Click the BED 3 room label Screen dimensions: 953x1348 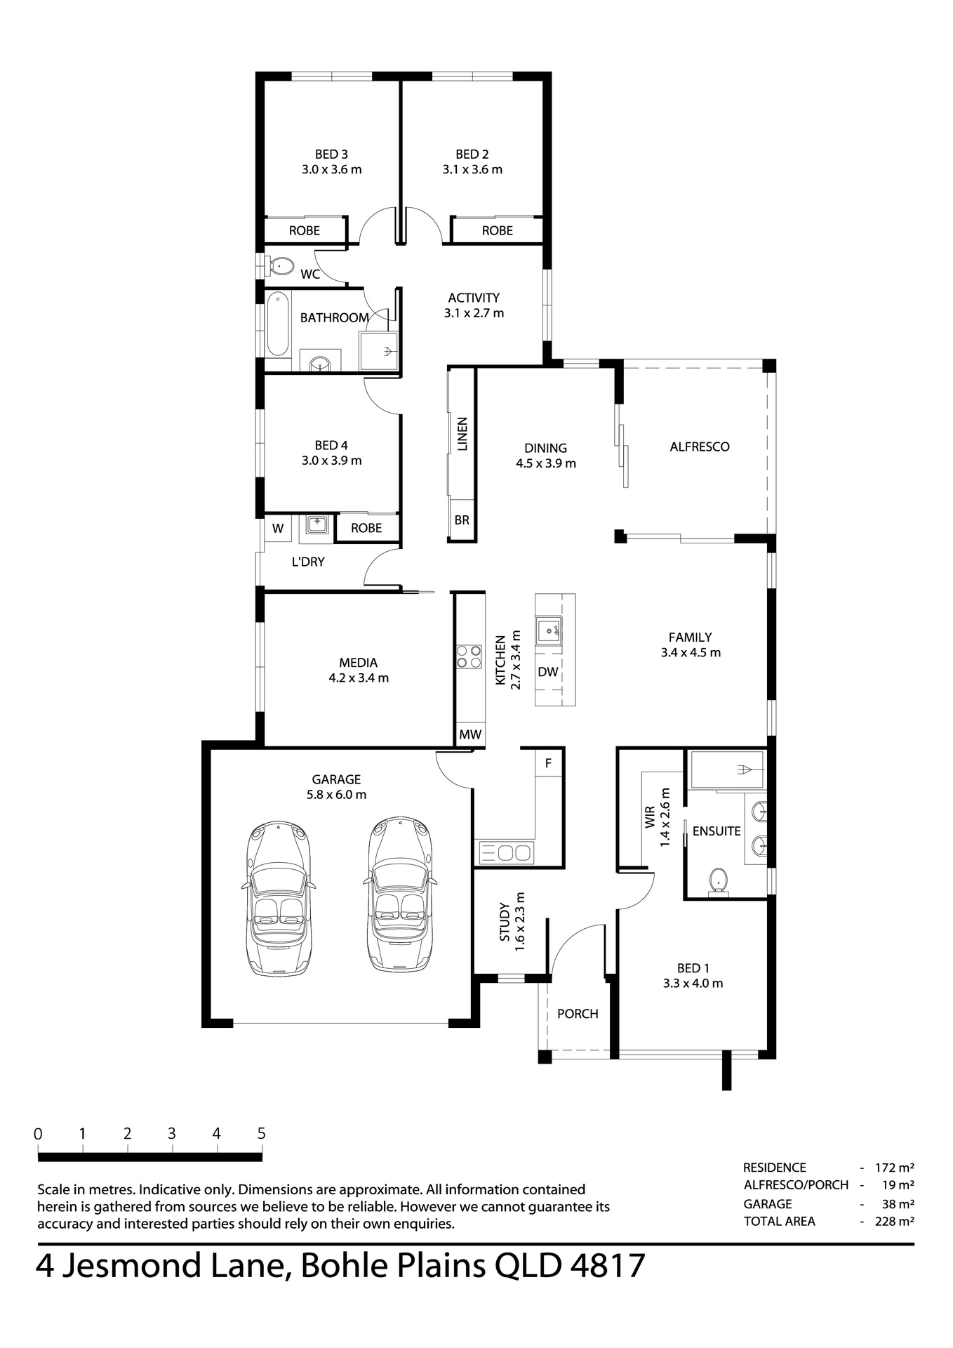click(x=331, y=154)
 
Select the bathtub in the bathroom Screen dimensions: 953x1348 click(x=278, y=325)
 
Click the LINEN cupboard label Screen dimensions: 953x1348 click(x=462, y=435)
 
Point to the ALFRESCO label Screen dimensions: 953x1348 click(x=700, y=447)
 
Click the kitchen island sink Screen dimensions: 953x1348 click(x=548, y=631)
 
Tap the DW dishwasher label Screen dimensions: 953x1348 click(x=548, y=672)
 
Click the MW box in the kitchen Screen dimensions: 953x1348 click(x=470, y=734)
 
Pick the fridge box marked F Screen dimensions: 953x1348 click(x=549, y=763)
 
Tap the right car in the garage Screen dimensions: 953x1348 click(x=399, y=894)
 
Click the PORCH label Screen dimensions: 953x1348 click(x=578, y=1014)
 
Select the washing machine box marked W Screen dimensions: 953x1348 click(x=278, y=528)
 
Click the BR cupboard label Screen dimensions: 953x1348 click(x=462, y=520)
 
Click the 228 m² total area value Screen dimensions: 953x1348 click(x=894, y=1221)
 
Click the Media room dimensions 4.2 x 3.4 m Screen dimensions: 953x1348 click(x=359, y=678)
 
